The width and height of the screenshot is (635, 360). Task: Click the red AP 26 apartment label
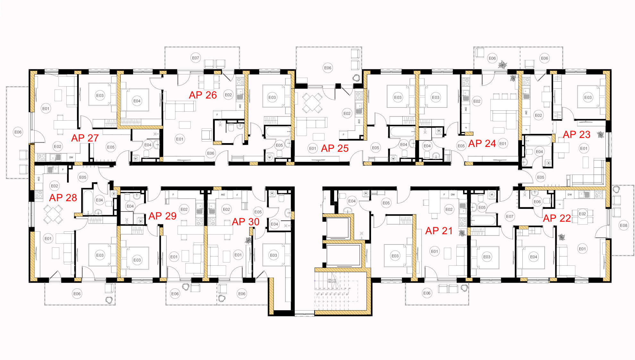point(203,95)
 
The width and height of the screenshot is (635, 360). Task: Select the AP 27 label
point(85,138)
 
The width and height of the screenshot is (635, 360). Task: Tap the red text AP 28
point(63,198)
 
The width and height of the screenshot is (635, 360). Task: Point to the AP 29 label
point(162,216)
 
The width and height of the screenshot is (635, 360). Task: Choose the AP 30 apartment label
point(246,222)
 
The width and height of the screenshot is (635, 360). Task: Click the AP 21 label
point(439,231)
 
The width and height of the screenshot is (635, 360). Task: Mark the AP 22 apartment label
point(557,219)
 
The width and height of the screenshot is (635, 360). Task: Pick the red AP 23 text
point(577,134)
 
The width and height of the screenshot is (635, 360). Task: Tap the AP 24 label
point(482,143)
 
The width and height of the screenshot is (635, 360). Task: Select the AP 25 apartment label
point(335,148)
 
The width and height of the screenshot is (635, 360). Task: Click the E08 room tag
point(623,226)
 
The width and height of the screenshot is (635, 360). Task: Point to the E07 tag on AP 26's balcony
point(196,58)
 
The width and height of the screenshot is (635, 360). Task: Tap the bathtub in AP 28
point(87,202)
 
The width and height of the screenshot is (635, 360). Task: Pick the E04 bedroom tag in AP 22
point(534,257)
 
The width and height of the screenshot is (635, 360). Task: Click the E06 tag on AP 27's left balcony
point(18,132)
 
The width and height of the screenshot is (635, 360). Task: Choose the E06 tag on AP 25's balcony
point(328,68)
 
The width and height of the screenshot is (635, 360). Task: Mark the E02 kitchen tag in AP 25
point(347,113)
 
